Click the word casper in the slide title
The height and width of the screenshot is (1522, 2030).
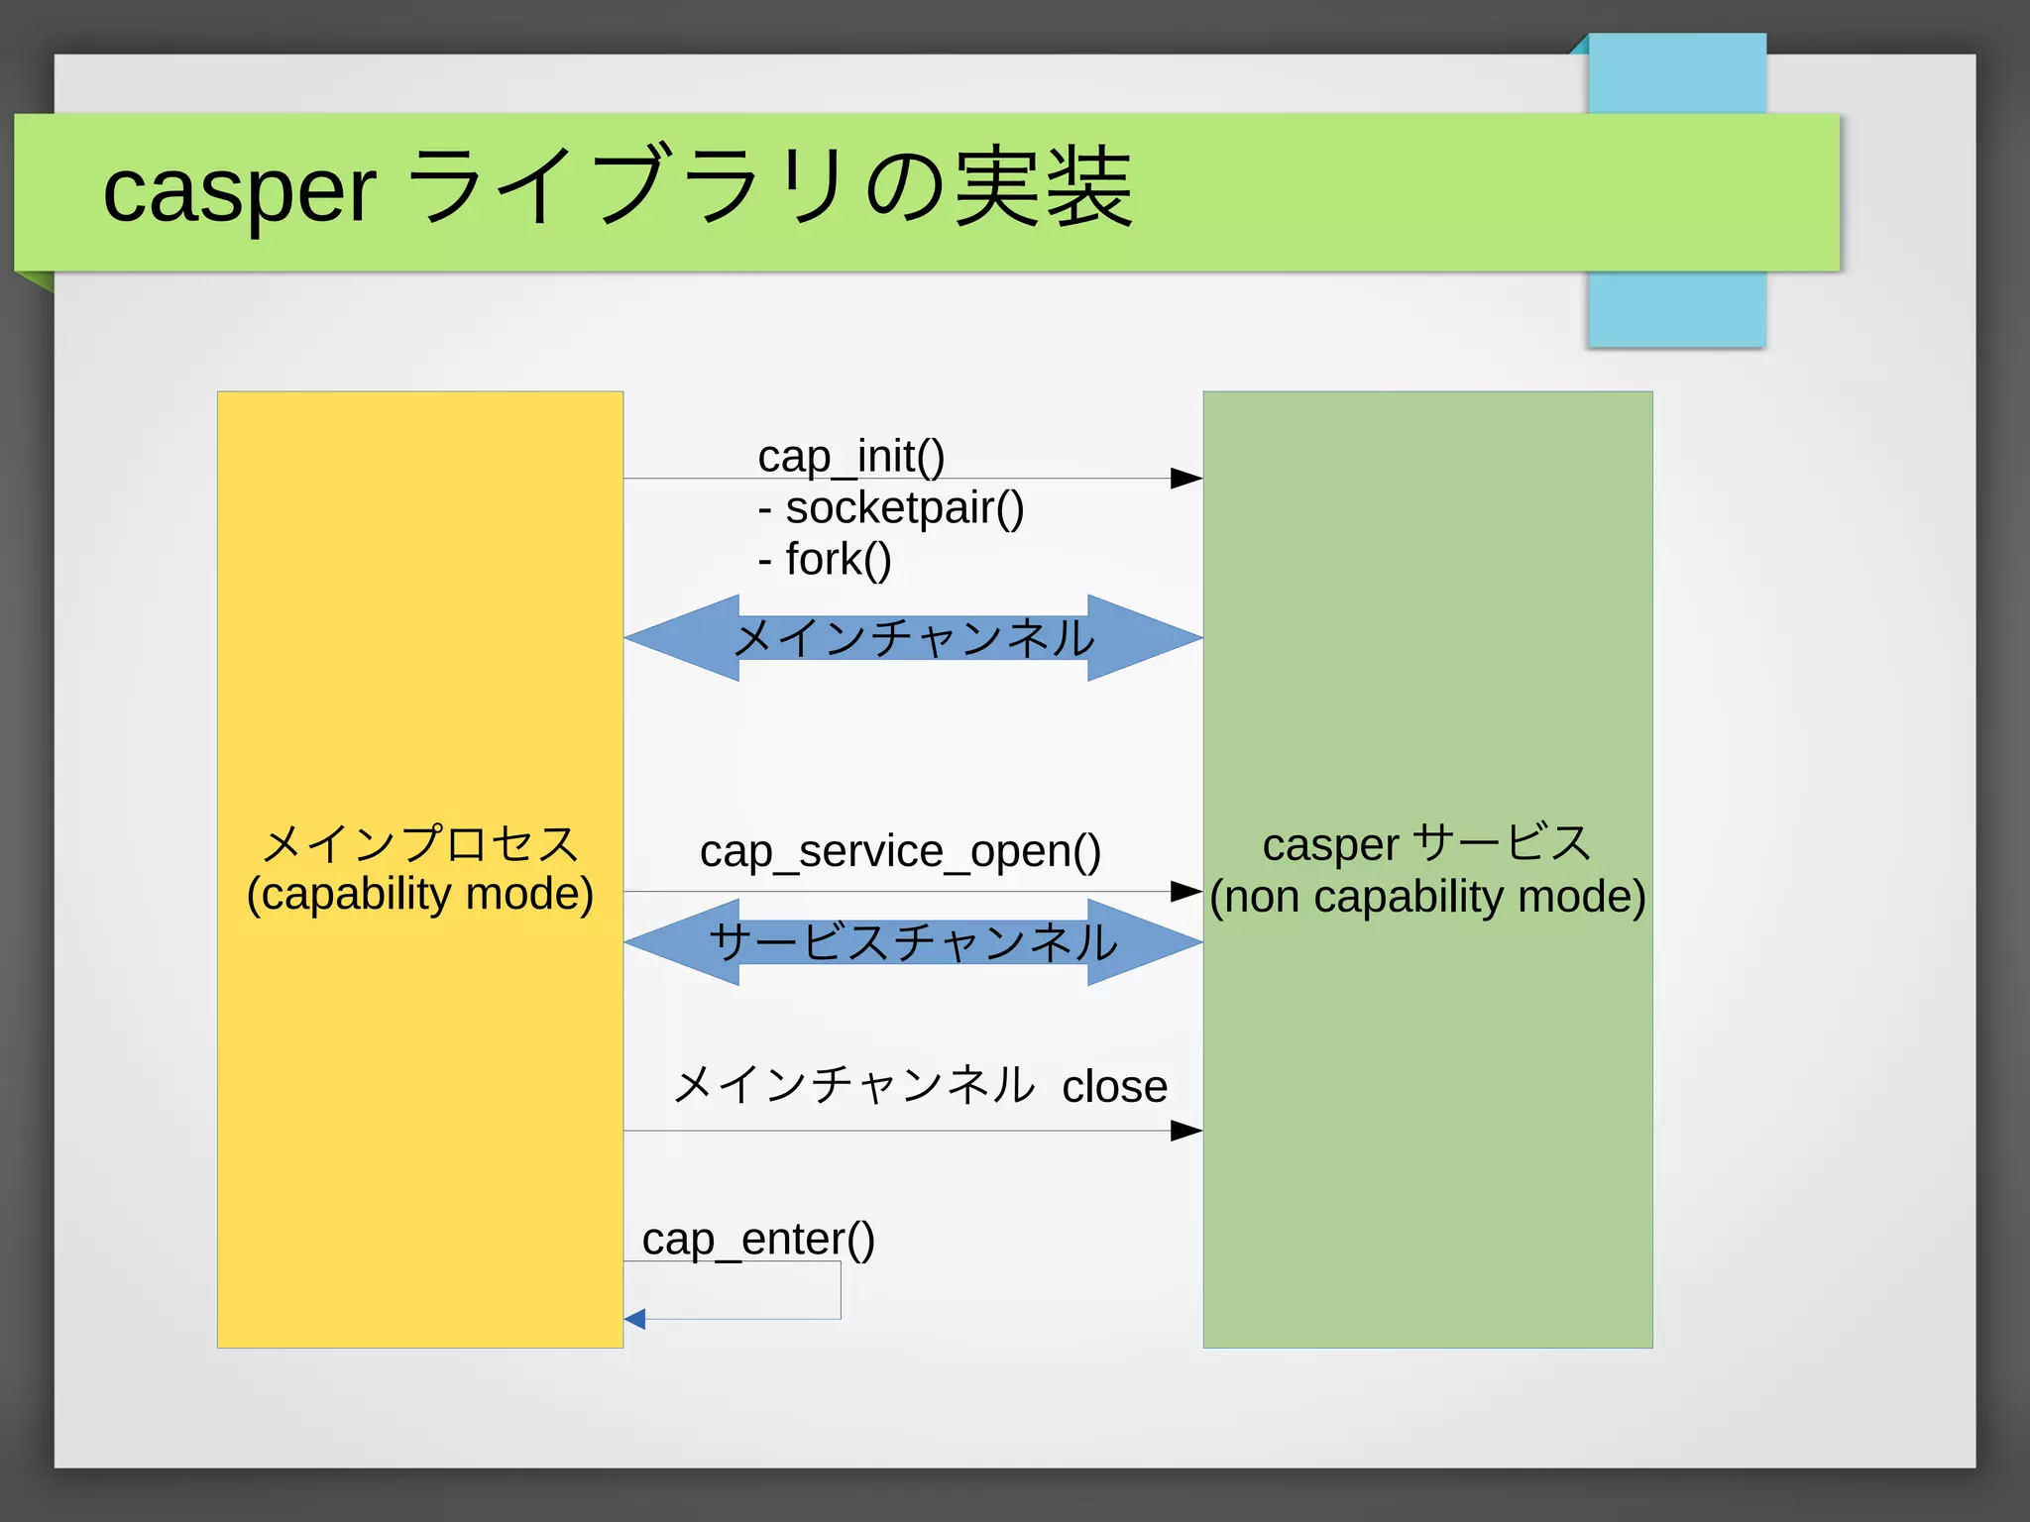click(239, 190)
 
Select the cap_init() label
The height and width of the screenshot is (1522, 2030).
click(850, 456)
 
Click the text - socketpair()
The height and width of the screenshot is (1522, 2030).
click(890, 507)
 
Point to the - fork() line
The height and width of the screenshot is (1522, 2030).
click(825, 559)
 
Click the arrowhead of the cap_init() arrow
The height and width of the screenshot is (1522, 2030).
click(1185, 479)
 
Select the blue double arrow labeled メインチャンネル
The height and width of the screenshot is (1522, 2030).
click(913, 637)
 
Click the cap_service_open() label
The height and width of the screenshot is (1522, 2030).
click(900, 850)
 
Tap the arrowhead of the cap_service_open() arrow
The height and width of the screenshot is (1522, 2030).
click(1185, 891)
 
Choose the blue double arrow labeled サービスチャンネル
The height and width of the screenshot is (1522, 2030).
click(913, 941)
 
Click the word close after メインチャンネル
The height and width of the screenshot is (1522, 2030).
click(1114, 1086)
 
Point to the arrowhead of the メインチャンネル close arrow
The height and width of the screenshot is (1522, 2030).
click(1185, 1131)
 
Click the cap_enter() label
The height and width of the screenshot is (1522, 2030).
click(758, 1239)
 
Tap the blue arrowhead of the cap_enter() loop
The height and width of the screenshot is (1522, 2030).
click(635, 1319)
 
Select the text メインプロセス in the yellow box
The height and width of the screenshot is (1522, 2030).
click(419, 844)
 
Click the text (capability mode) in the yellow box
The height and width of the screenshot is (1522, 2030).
click(419, 894)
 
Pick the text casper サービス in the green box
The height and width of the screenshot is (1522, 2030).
click(1426, 844)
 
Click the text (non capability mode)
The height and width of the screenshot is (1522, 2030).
click(1427, 896)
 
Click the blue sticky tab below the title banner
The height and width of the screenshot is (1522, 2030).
click(1676, 309)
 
